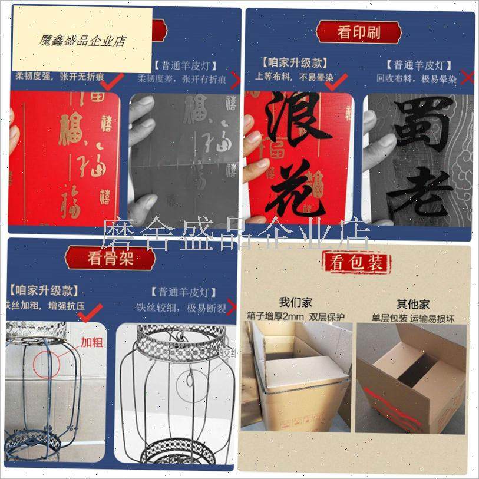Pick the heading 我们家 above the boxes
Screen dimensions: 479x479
click(296, 303)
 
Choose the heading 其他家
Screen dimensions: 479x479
click(412, 304)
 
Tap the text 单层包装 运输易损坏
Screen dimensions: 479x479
click(413, 319)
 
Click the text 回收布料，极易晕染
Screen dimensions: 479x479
click(417, 78)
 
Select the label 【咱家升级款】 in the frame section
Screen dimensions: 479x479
click(44, 290)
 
